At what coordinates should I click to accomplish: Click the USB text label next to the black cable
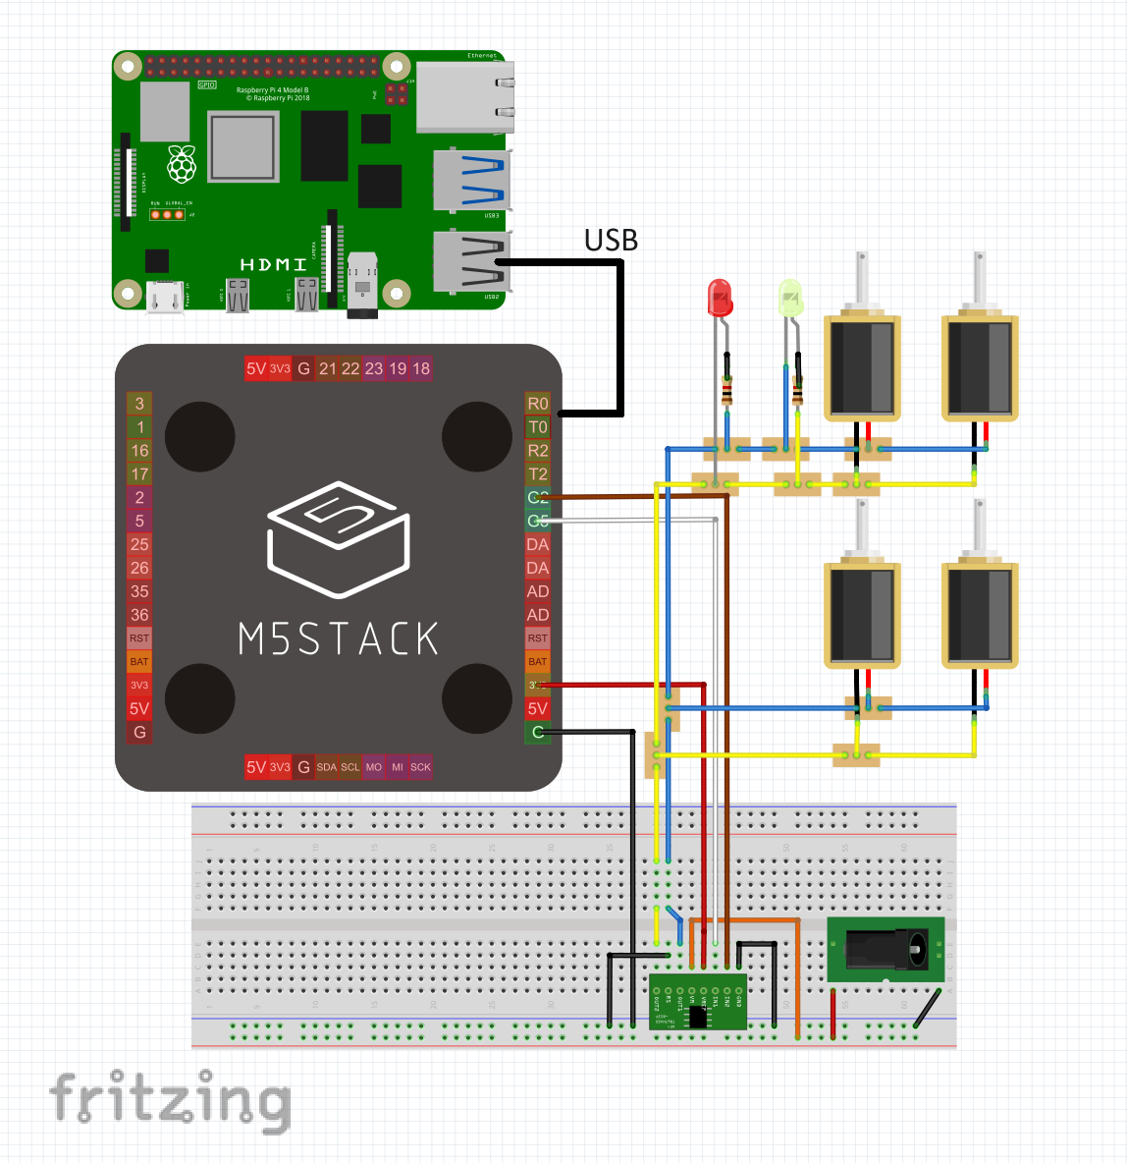coord(611,241)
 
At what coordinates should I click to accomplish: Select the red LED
coord(720,297)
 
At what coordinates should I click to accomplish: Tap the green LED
coord(790,297)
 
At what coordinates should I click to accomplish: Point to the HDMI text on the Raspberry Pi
coord(274,264)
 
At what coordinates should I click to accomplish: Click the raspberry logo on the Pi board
coord(182,165)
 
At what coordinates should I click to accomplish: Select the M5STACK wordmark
coord(339,639)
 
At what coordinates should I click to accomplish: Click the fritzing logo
coord(170,1100)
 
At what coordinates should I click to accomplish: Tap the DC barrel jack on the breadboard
coord(886,949)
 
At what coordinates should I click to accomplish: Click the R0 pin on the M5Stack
coord(538,404)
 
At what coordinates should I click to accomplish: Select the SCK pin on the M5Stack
coord(421,767)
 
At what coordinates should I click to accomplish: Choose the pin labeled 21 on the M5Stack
coord(327,368)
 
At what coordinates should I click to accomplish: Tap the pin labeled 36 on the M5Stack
coord(139,615)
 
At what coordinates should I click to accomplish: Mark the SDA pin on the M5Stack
coord(327,767)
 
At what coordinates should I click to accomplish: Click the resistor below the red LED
coord(726,392)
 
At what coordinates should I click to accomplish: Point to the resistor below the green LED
coord(797,392)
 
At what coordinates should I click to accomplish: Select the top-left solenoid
coord(862,365)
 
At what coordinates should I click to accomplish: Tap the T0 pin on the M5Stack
coord(538,427)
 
